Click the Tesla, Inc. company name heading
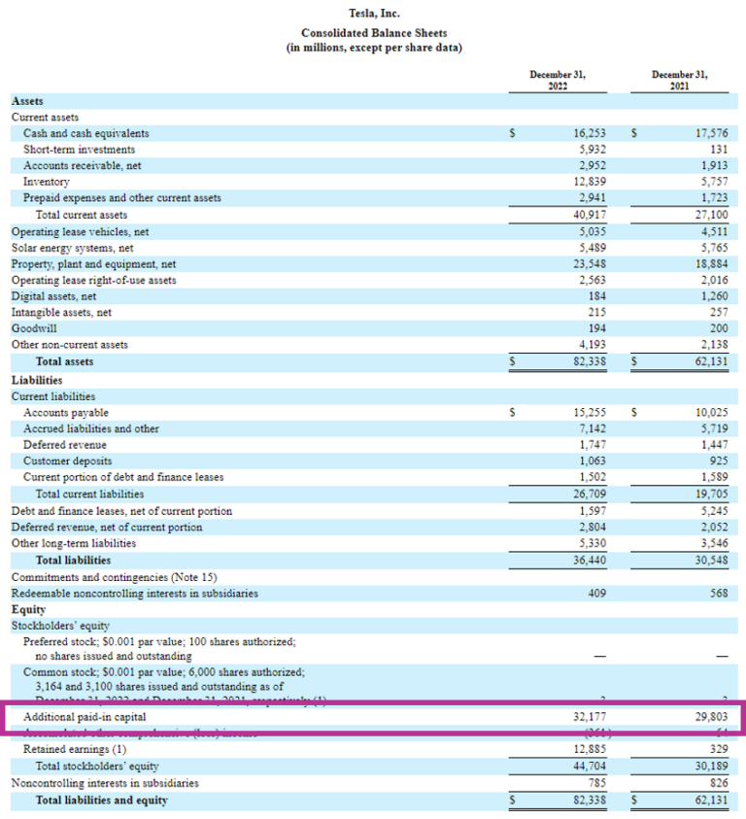click(374, 14)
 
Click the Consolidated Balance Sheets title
click(374, 32)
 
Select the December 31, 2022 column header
click(558, 80)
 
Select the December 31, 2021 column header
click(680, 80)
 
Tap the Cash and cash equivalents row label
click(86, 133)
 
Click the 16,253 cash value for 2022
click(590, 133)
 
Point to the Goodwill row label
click(34, 328)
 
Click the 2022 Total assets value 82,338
click(590, 361)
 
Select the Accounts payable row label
click(66, 412)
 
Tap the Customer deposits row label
click(67, 461)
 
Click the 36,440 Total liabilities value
click(590, 560)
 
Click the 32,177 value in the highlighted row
click(590, 716)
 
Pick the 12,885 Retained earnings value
click(590, 750)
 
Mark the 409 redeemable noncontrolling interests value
click(595, 594)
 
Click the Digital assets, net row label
click(53, 296)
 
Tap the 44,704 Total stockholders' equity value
click(590, 767)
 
